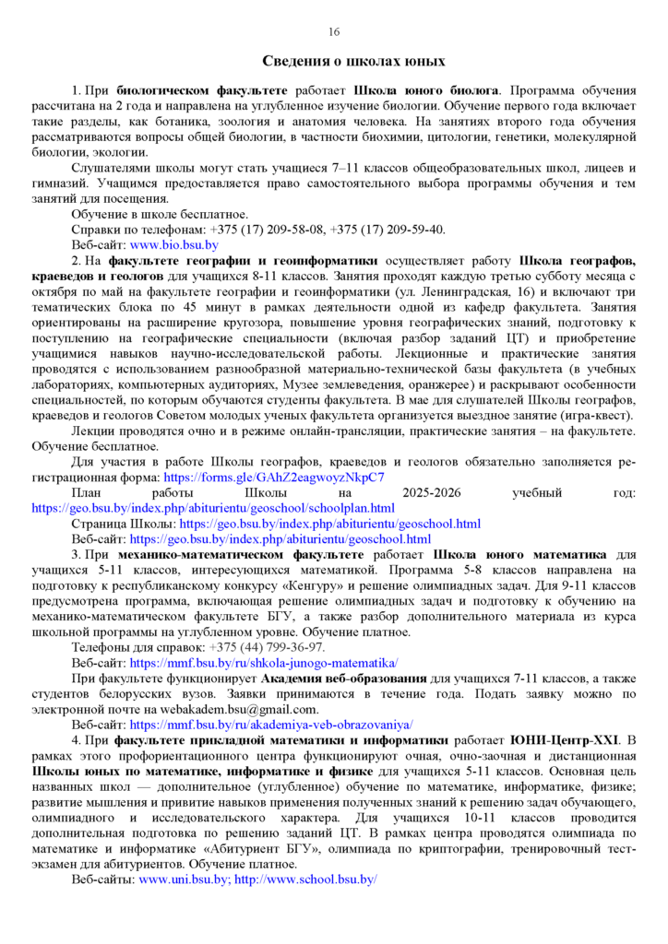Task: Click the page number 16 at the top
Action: (334, 32)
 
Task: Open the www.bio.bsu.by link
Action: (173, 244)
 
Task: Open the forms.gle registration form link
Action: (273, 478)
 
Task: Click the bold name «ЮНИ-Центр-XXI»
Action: (552, 739)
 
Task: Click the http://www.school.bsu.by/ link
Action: (305, 879)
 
